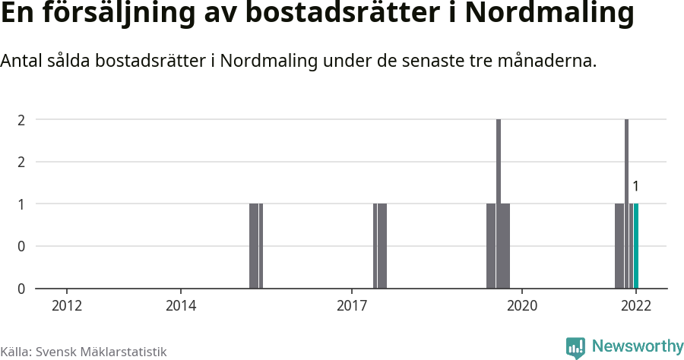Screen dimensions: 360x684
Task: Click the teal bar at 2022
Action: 636,246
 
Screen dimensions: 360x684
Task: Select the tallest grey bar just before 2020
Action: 499,204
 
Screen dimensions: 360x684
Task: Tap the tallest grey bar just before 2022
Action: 627,204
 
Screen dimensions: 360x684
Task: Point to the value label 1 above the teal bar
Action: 636,186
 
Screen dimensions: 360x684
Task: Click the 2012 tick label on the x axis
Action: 67,305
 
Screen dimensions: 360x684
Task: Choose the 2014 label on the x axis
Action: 181,305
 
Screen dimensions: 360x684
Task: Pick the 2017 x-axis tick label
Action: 352,305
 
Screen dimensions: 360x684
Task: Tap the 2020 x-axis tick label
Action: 522,305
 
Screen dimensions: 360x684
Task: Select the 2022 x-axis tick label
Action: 636,305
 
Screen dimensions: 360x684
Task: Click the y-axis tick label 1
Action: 21,204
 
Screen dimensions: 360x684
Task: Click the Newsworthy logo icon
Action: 575,347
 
